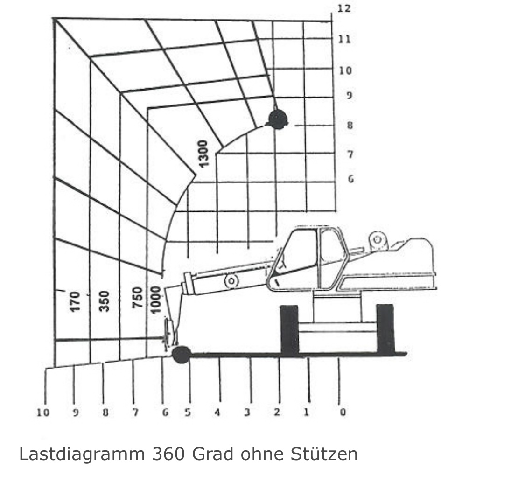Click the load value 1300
pyautogui.click(x=203, y=154)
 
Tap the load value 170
pyautogui.click(x=75, y=301)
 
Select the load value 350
pyautogui.click(x=105, y=301)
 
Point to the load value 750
pyautogui.click(x=138, y=298)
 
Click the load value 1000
pyautogui.click(x=156, y=300)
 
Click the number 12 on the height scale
pyautogui.click(x=344, y=8)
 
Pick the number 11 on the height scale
pyautogui.click(x=344, y=39)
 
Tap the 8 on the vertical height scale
pyautogui.click(x=350, y=126)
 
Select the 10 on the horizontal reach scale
pyautogui.click(x=43, y=413)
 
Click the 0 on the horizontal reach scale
pyautogui.click(x=343, y=412)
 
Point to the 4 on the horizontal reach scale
pyautogui.click(x=217, y=412)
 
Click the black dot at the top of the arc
pyautogui.click(x=278, y=119)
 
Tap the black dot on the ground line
pyautogui.click(x=182, y=355)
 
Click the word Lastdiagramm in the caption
pyautogui.click(x=82, y=454)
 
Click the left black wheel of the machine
pyautogui.click(x=289, y=330)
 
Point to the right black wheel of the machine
pyautogui.click(x=385, y=328)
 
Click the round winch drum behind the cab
pyautogui.click(x=378, y=240)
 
